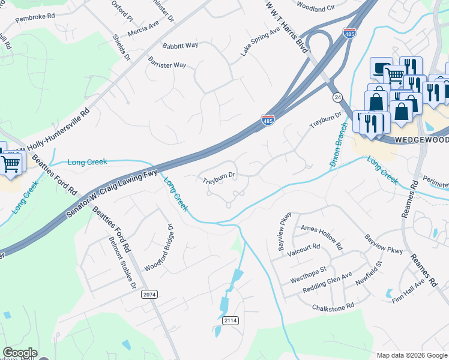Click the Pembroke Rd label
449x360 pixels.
[x=35, y=19]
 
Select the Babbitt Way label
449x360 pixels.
[x=180, y=46]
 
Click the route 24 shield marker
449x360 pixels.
[x=338, y=97]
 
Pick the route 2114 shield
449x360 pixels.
[x=231, y=320]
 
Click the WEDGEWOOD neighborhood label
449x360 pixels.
[x=421, y=139]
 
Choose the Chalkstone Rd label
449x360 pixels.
[x=333, y=306]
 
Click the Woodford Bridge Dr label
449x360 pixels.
[x=158, y=249]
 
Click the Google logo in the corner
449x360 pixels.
[x=20, y=353]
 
